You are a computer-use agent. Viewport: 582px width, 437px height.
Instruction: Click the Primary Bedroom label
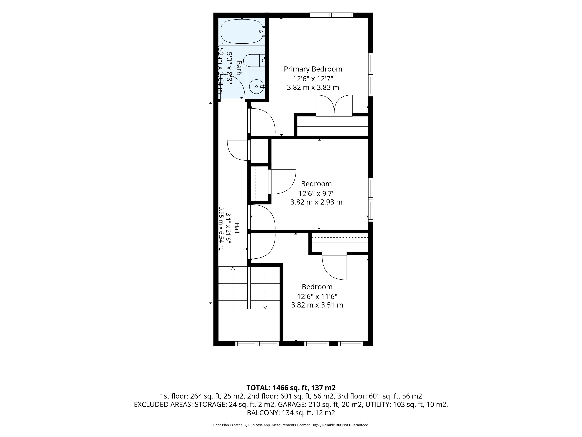tap(313, 69)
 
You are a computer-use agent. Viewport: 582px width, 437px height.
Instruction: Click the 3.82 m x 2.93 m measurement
tap(316, 202)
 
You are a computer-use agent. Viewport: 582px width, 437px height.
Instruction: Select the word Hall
tap(237, 228)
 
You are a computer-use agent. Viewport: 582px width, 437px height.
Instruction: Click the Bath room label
tap(239, 68)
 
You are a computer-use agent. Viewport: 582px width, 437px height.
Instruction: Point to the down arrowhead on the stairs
tap(265, 307)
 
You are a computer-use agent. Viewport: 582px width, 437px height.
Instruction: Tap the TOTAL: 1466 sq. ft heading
tap(291, 388)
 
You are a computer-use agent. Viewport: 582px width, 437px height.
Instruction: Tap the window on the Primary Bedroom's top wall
tap(331, 15)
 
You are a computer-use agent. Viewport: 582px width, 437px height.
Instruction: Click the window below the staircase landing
tap(257, 344)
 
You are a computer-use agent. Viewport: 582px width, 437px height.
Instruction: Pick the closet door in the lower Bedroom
tap(334, 266)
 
